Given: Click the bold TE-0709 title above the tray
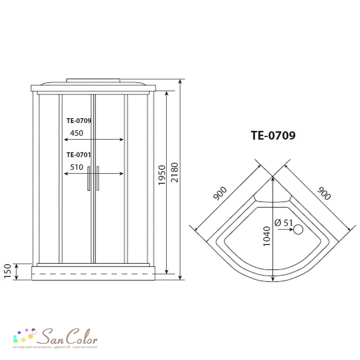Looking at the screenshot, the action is click(273, 135).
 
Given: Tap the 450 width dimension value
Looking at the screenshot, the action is click(76, 133).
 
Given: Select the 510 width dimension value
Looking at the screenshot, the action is click(76, 167).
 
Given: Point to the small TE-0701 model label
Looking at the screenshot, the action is click(79, 155).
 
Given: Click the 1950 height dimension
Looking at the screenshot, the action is click(162, 175).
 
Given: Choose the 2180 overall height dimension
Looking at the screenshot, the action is click(175, 172).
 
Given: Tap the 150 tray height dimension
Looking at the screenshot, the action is click(8, 271).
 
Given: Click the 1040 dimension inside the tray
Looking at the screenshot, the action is click(266, 236).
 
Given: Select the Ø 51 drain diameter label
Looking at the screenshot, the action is click(284, 223).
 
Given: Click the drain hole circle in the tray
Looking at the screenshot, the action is click(298, 229).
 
